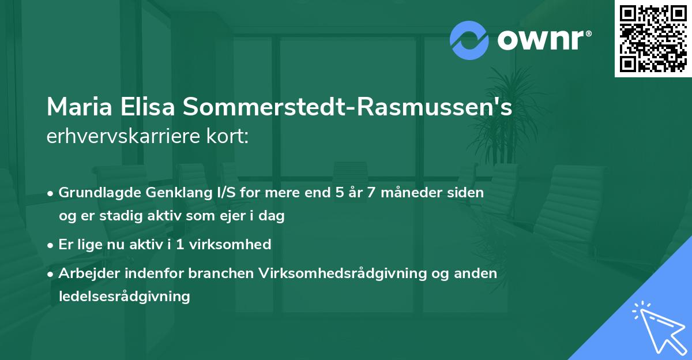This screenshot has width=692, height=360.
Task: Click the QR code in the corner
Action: click(x=653, y=38)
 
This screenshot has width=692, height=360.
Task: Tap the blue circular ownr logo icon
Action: click(x=469, y=40)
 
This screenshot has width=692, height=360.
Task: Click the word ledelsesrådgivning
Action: click(x=124, y=297)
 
